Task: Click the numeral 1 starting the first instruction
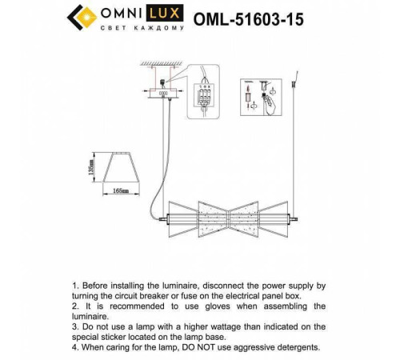tap(74, 285)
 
